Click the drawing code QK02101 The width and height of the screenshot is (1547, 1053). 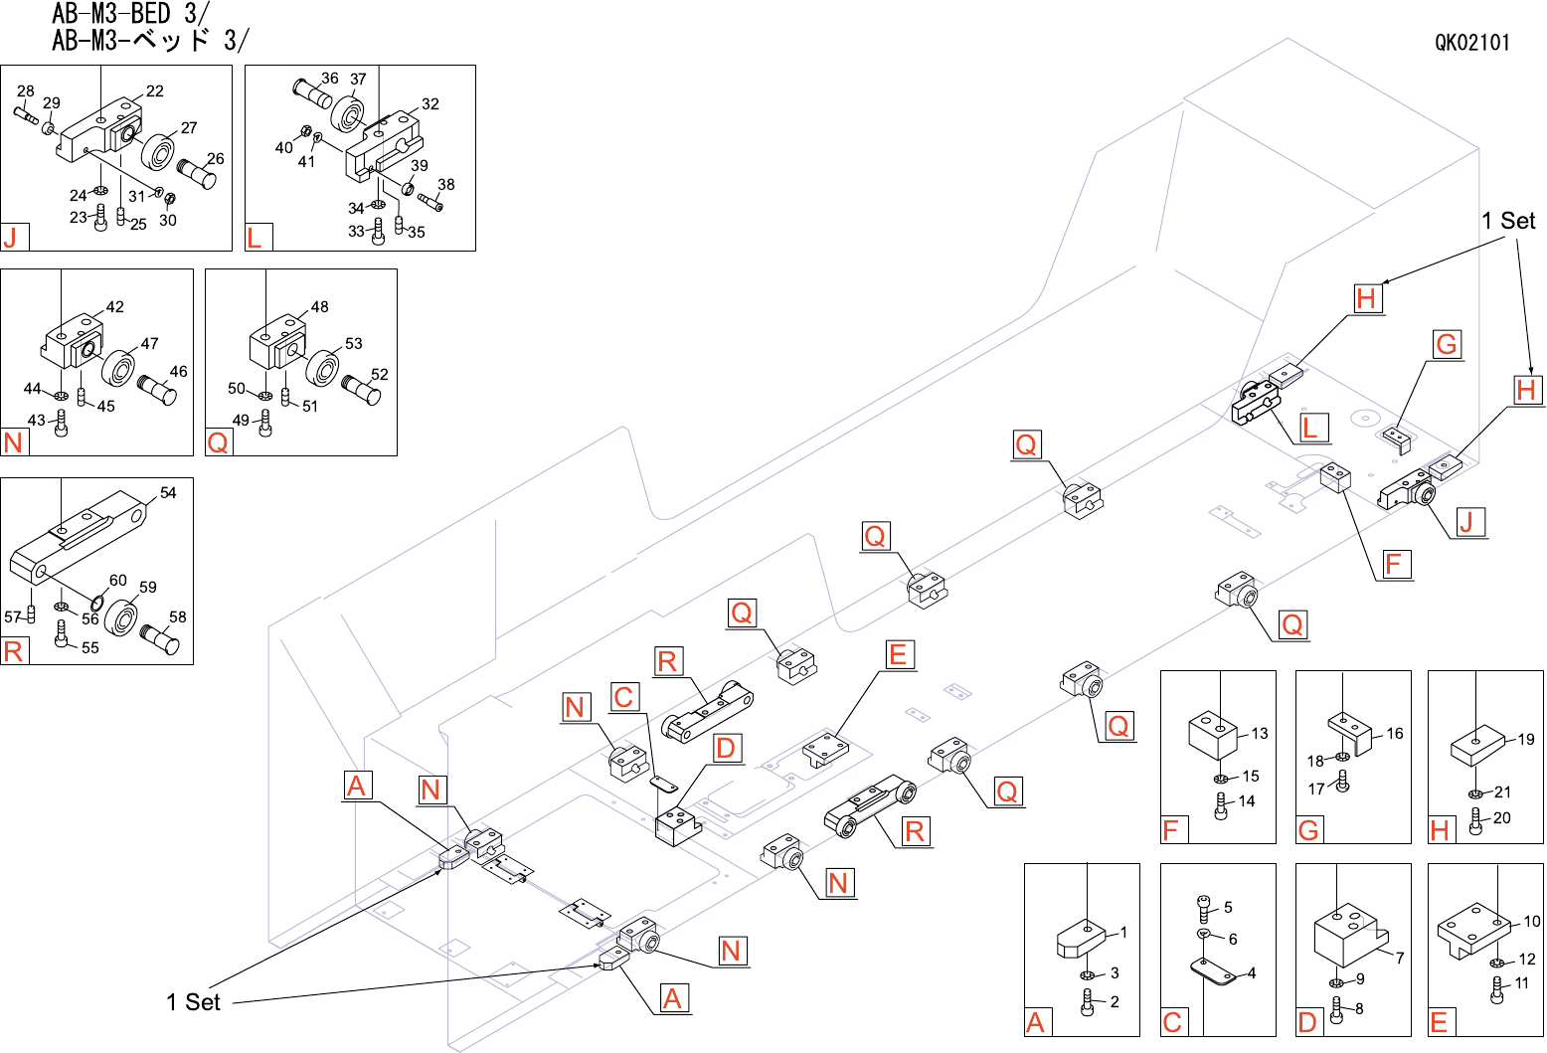pos(1471,43)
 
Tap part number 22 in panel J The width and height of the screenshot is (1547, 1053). pos(155,91)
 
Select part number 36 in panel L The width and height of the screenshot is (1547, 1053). pos(329,78)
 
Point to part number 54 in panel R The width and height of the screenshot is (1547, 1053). pos(168,492)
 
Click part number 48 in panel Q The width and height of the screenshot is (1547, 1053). pos(319,306)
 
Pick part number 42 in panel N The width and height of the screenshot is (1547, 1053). pos(114,306)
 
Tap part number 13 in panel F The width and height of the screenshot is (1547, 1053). pos(1260,733)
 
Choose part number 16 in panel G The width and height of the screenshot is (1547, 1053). pos(1394,733)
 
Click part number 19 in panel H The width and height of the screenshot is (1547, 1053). pos(1525,740)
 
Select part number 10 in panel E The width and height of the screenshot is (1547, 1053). pos(1532,921)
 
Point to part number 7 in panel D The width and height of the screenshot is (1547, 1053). pos(1399,958)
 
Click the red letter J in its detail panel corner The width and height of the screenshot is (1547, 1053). pos(12,239)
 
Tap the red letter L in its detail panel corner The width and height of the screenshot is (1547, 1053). pos(256,239)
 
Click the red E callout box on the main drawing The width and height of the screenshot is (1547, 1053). pos(898,654)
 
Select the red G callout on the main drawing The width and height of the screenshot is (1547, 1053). pos(1447,344)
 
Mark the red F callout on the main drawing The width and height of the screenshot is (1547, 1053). pos(1394,564)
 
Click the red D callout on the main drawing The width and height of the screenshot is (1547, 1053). pos(726,748)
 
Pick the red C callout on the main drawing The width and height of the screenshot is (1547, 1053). pos(623,697)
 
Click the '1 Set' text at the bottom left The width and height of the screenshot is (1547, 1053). pos(193,1002)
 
